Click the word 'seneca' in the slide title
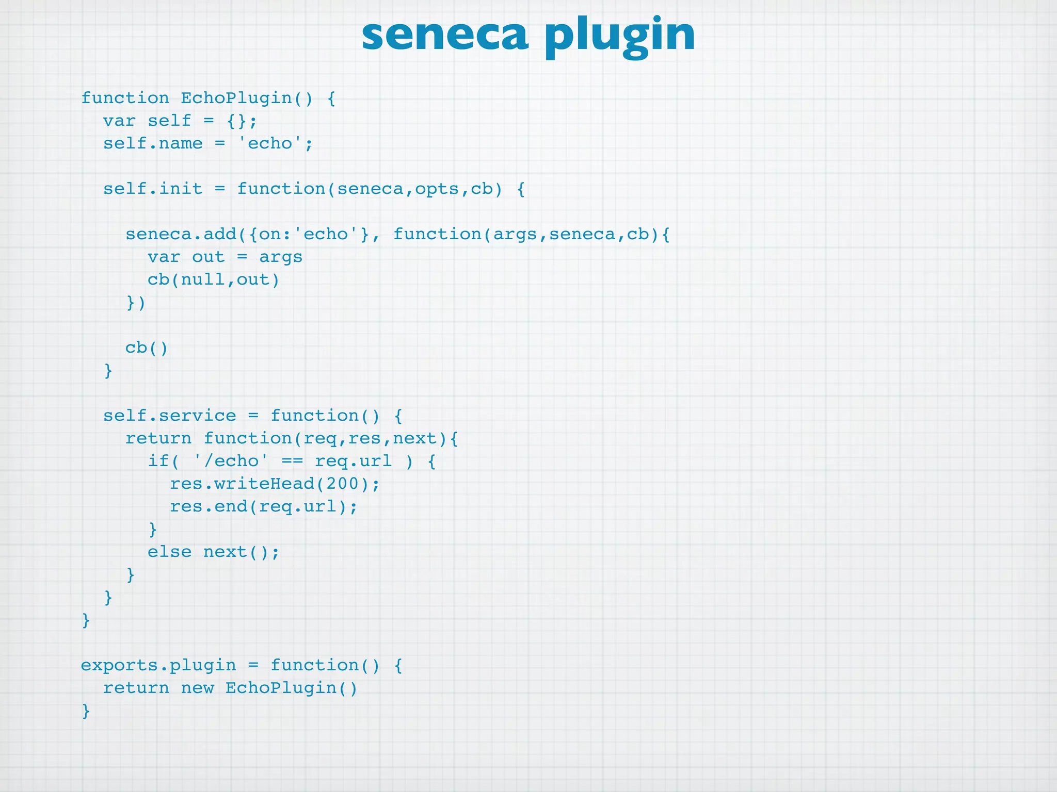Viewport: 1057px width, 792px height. (445, 35)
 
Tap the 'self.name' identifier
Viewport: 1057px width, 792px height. (153, 143)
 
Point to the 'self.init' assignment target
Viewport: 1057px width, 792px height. (153, 189)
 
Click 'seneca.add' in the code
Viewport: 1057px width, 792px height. (181, 234)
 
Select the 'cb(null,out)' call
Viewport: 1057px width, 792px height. (213, 279)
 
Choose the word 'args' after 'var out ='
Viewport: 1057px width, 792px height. (280, 257)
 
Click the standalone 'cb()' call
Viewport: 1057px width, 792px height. (147, 348)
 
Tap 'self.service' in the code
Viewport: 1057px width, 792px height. (169, 416)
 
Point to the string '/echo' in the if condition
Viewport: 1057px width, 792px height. (231, 461)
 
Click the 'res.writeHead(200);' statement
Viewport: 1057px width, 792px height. (275, 484)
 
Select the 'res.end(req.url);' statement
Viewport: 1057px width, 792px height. (263, 506)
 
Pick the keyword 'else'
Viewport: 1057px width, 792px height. (169, 552)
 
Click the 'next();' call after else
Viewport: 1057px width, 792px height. (241, 552)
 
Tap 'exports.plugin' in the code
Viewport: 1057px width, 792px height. (158, 665)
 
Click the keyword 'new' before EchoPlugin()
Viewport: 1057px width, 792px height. (197, 688)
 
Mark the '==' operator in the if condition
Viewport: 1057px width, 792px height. (292, 461)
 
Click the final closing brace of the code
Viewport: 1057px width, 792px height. (86, 711)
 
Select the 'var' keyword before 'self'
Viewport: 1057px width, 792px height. (119, 121)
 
